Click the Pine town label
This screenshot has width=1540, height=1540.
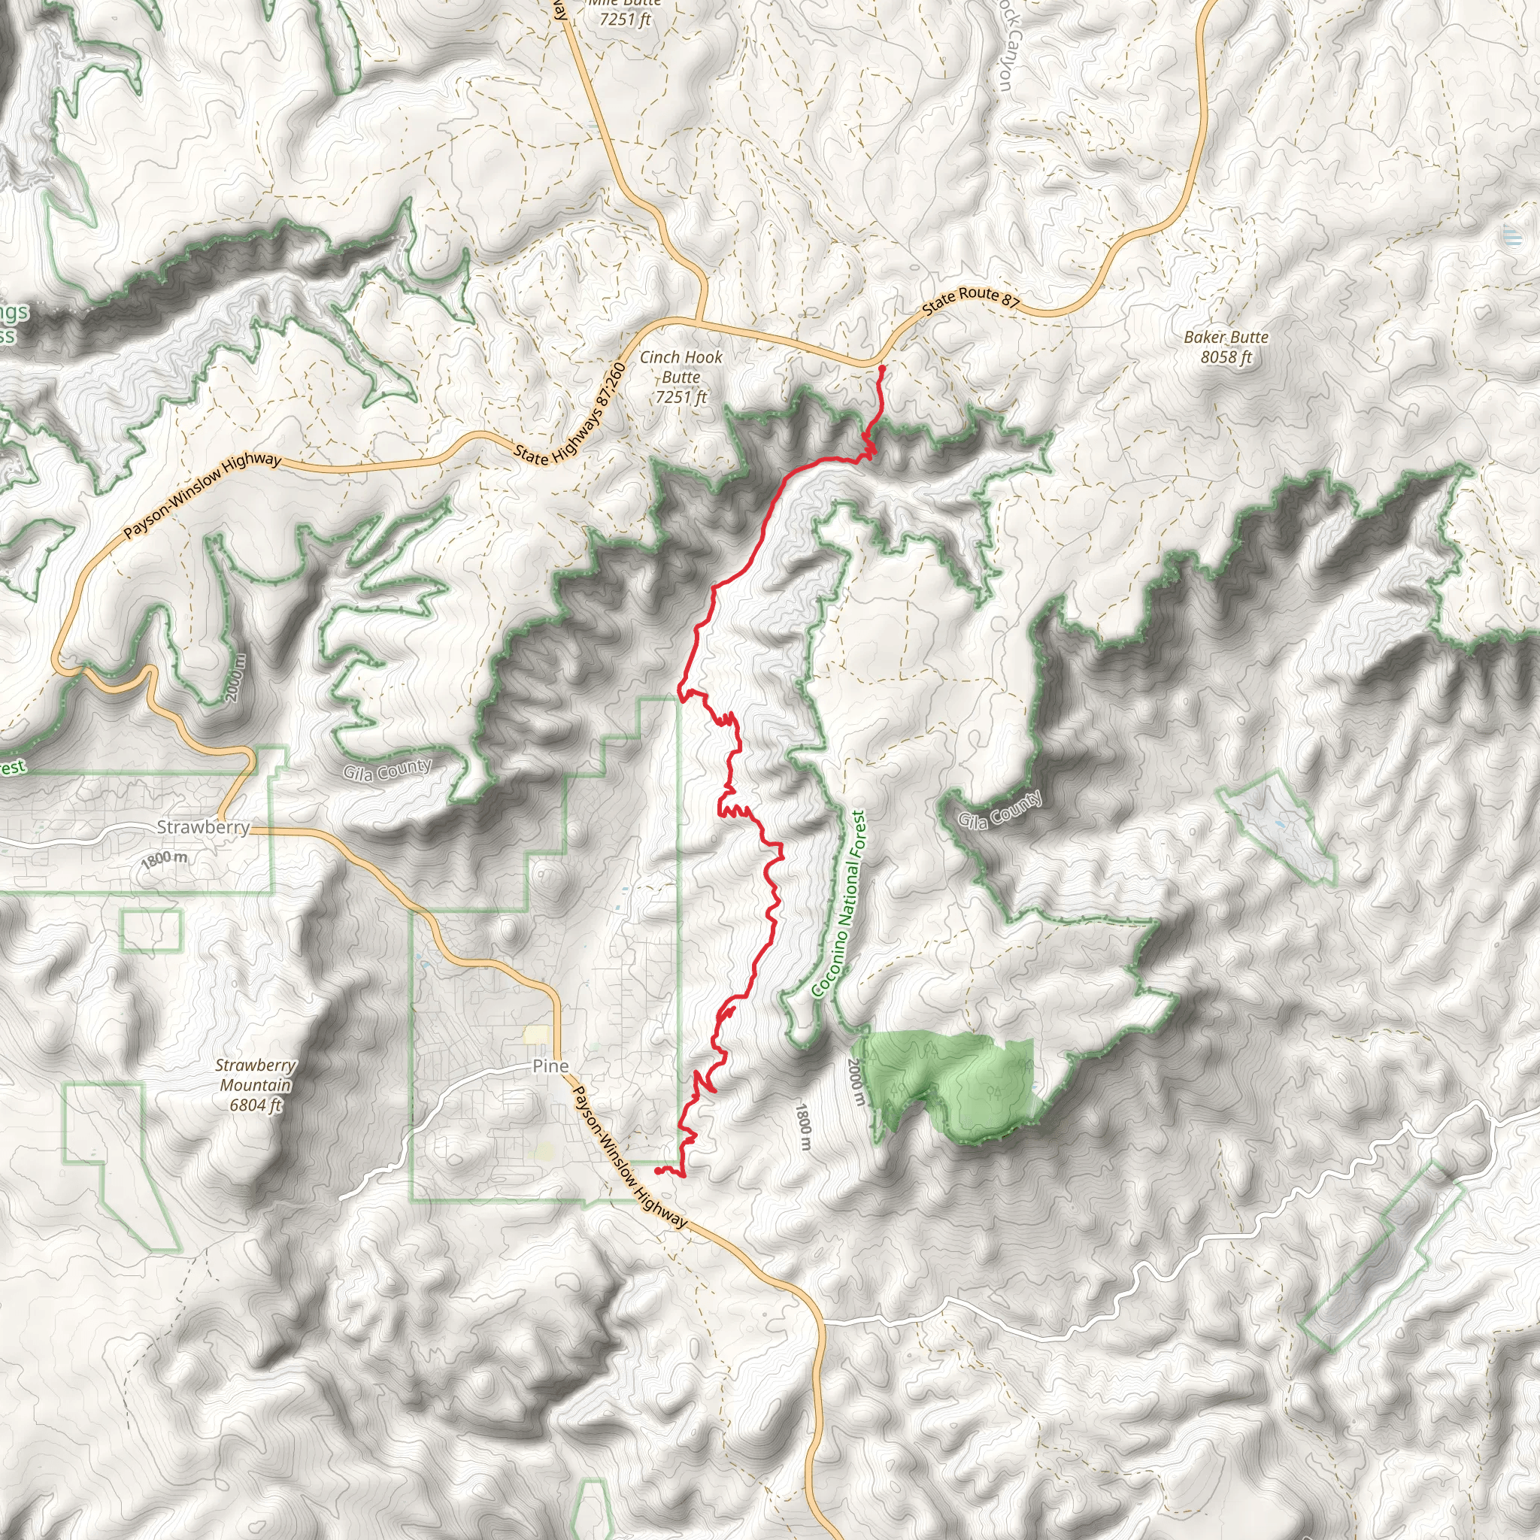click(x=550, y=1066)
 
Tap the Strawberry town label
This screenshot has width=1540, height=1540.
click(x=203, y=826)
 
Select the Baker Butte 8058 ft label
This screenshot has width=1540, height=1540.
click(x=1226, y=347)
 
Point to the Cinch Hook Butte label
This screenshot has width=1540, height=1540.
click(x=681, y=376)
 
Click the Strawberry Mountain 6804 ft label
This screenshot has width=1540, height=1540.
click(x=255, y=1085)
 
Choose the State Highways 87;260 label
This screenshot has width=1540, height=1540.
click(x=571, y=414)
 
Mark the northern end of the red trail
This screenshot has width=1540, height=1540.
click(x=881, y=368)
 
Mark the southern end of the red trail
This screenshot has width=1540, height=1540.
click(x=655, y=1170)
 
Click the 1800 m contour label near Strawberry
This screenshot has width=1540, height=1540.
click(x=164, y=859)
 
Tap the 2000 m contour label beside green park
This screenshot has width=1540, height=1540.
click(x=854, y=1081)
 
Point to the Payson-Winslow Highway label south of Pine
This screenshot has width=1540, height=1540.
click(x=629, y=1157)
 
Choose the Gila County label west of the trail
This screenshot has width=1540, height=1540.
click(x=387, y=770)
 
